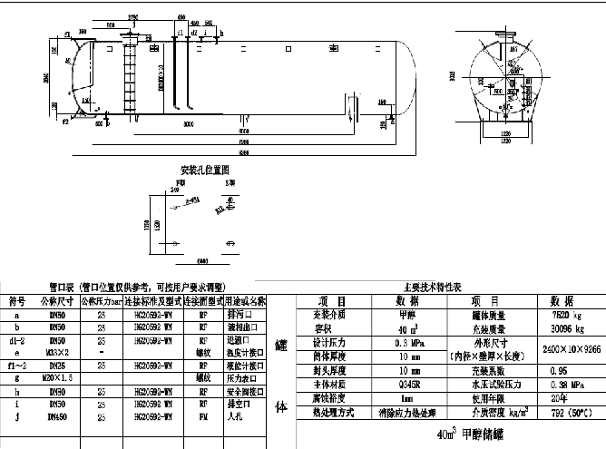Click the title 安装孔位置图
coord(204,170)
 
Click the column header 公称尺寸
coord(52,300)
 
